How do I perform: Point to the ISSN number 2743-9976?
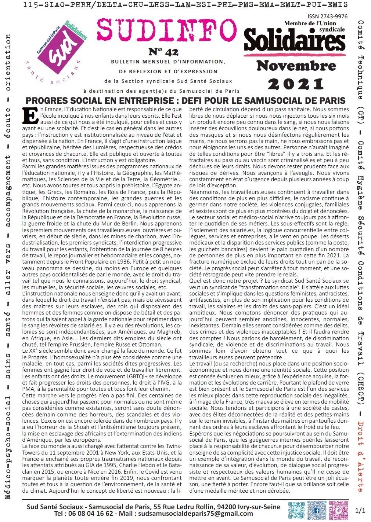pyautogui.click(x=327, y=17)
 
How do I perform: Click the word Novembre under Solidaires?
pyautogui.click(x=296, y=66)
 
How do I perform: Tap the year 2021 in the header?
pyautogui.click(x=296, y=84)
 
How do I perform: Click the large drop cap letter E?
pyautogui.click(x=30, y=116)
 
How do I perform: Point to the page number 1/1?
pyautogui.click(x=360, y=510)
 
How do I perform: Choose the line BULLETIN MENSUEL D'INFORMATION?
pyautogui.click(x=167, y=62)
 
